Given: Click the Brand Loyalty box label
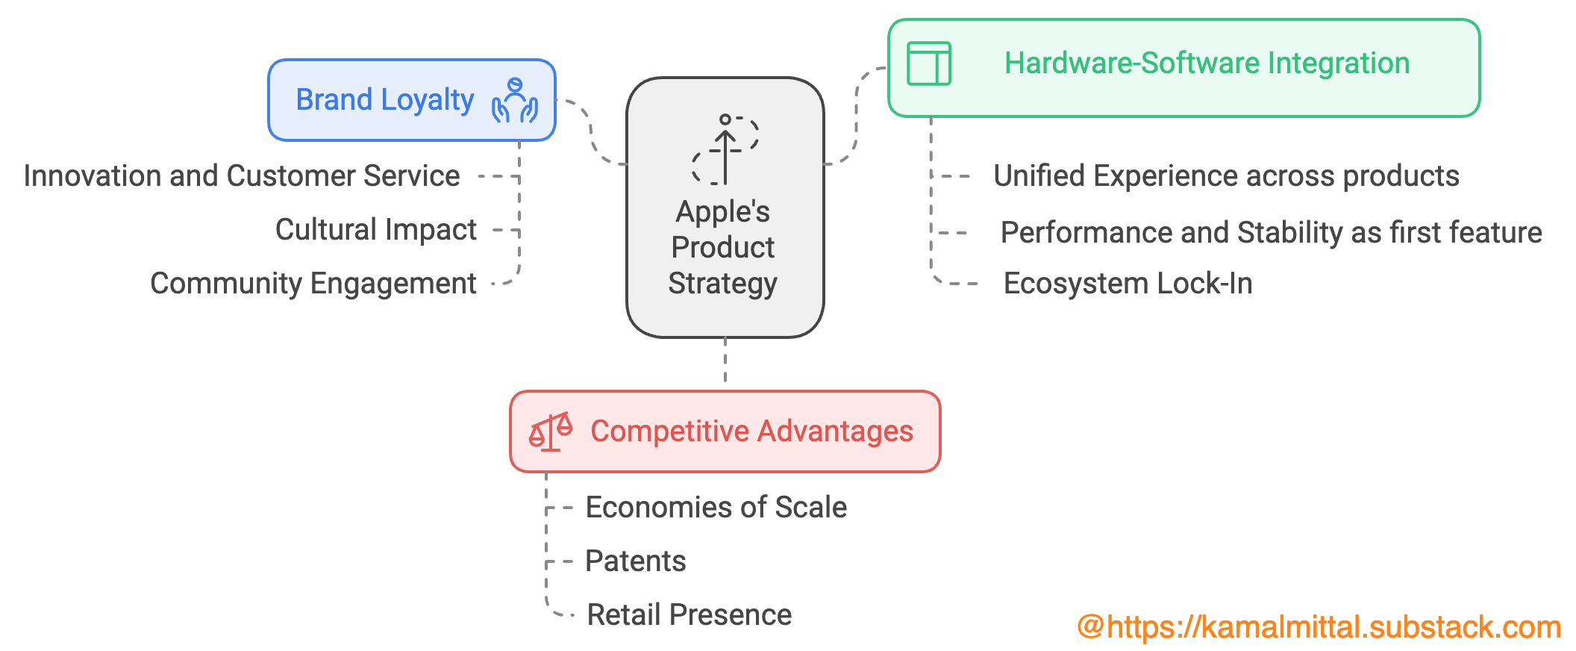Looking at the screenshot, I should pyautogui.click(x=384, y=100).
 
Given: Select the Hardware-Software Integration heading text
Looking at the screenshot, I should pyautogui.click(x=1207, y=63).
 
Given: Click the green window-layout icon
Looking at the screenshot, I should pyautogui.click(x=928, y=63).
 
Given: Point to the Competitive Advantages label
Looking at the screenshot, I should pyautogui.click(x=751, y=432).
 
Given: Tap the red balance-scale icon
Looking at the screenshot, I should pyautogui.click(x=551, y=432).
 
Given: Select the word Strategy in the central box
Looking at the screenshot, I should pyautogui.click(x=722, y=284).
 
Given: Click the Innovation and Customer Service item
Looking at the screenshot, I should pyautogui.click(x=242, y=176).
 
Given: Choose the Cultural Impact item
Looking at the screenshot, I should pyautogui.click(x=375, y=230).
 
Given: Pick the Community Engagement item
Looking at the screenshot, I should pyautogui.click(x=313, y=284).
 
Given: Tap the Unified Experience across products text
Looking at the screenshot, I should pyautogui.click(x=1226, y=176).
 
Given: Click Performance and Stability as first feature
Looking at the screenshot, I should pyautogui.click(x=1271, y=233).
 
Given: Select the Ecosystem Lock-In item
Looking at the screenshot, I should pyautogui.click(x=1128, y=284).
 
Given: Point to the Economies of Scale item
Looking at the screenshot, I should pyautogui.click(x=716, y=508).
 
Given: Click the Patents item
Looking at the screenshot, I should pyautogui.click(x=635, y=561).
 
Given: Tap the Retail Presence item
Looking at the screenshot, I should pyautogui.click(x=689, y=615).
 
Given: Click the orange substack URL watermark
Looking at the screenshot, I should pyautogui.click(x=1319, y=627).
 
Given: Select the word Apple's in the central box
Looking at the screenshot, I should pyautogui.click(x=722, y=212).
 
